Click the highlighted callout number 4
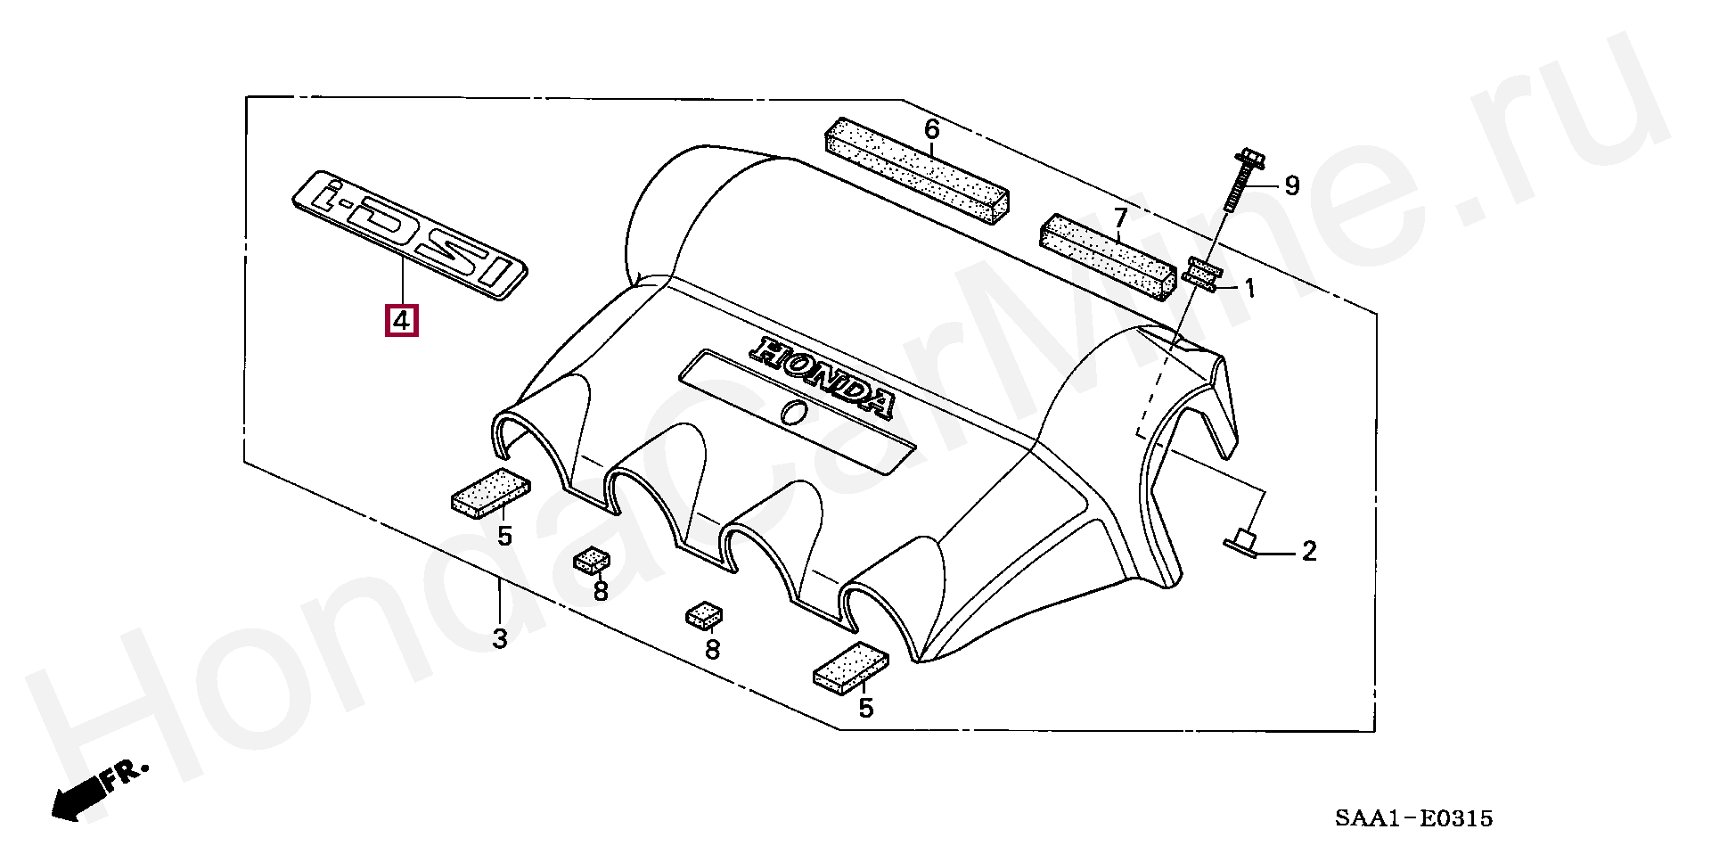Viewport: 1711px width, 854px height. [401, 320]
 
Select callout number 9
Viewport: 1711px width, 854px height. [1291, 186]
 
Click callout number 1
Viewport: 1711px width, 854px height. [1249, 288]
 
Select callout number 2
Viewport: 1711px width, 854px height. [1308, 552]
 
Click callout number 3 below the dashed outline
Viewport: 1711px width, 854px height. [500, 638]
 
